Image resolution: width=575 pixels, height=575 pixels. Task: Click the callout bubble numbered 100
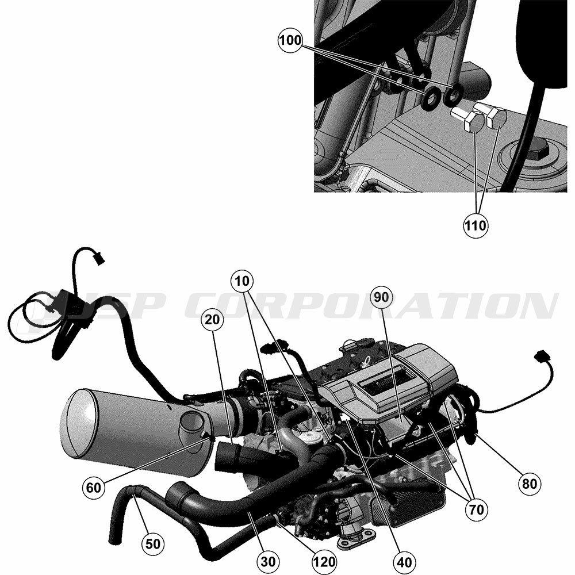tap(290, 40)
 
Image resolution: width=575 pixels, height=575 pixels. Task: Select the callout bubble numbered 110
tap(476, 225)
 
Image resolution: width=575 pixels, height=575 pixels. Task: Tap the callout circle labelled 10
tap(242, 281)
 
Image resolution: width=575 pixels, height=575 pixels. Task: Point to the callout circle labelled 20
tap(212, 320)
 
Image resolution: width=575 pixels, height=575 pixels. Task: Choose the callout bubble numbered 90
tap(381, 297)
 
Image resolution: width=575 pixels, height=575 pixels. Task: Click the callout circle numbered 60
tap(94, 488)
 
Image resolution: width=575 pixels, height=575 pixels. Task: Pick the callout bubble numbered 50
tap(153, 544)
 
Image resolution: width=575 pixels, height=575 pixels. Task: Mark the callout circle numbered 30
tap(268, 561)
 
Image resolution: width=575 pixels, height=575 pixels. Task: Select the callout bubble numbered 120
tap(324, 561)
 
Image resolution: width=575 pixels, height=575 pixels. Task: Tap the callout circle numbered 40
tap(404, 561)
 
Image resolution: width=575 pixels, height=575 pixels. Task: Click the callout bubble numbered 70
tap(476, 509)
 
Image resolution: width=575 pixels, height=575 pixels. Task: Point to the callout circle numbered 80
tap(530, 484)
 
